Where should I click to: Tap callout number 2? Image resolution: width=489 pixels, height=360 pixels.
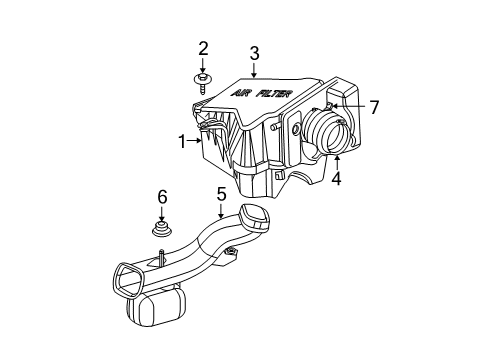click(x=203, y=47)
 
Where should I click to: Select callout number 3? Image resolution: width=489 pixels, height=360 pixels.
click(x=255, y=53)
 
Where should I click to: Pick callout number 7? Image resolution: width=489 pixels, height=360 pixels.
click(x=374, y=106)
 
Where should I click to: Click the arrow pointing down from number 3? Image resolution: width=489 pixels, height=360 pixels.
click(x=255, y=70)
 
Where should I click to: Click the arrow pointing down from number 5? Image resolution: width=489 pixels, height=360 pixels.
click(x=220, y=211)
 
